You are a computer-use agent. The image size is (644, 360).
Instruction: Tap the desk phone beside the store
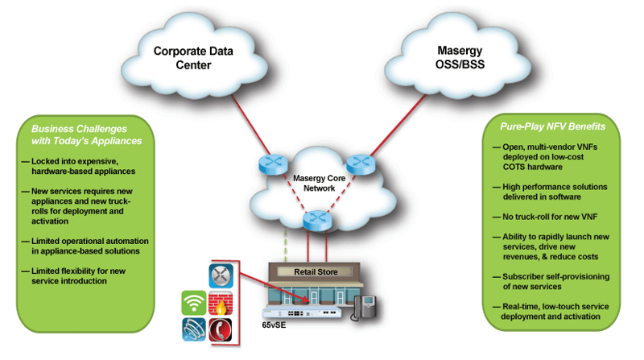(x=365, y=307)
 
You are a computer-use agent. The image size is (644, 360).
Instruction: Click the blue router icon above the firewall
(x=222, y=275)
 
